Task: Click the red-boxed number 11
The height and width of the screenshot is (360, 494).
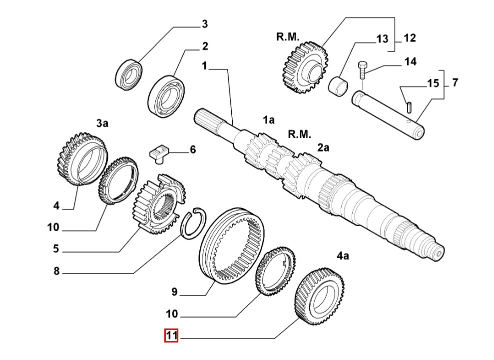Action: pyautogui.click(x=171, y=335)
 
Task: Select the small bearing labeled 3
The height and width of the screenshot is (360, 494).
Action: pyautogui.click(x=129, y=74)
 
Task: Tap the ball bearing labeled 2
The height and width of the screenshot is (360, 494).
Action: pyautogui.click(x=166, y=96)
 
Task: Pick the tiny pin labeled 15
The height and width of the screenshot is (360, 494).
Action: pyautogui.click(x=409, y=106)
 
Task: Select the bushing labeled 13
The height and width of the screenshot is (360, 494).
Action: pyautogui.click(x=338, y=86)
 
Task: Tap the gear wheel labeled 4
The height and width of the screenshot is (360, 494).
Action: pyautogui.click(x=81, y=160)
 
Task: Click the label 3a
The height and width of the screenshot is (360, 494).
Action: pyautogui.click(x=102, y=123)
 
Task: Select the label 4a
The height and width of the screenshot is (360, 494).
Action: pyautogui.click(x=343, y=255)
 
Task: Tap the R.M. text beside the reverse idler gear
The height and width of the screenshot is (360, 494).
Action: pyautogui.click(x=288, y=37)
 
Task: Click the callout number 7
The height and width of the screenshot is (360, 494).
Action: pyautogui.click(x=455, y=82)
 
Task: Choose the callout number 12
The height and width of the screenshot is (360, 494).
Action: pyautogui.click(x=410, y=38)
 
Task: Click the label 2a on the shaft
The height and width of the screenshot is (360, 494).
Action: pyautogui.click(x=323, y=147)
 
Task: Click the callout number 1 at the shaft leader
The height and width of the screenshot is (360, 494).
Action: pyautogui.click(x=205, y=66)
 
